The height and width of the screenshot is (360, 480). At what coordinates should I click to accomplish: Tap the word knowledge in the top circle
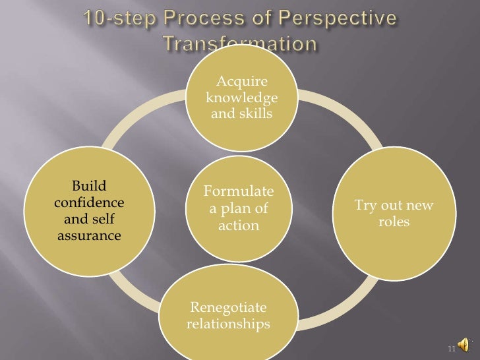point(242,99)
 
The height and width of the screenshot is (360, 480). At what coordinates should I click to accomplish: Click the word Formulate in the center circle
point(238,192)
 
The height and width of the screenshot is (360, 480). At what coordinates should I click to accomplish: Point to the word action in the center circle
point(238,226)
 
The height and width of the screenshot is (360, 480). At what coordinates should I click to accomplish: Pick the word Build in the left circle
point(89,185)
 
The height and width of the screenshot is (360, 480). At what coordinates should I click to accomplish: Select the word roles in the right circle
point(394,222)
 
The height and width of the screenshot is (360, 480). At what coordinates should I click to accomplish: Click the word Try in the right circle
point(367,206)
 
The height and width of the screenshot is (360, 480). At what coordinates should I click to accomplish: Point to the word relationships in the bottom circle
point(229,324)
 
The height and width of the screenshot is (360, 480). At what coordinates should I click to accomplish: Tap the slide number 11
point(452,349)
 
